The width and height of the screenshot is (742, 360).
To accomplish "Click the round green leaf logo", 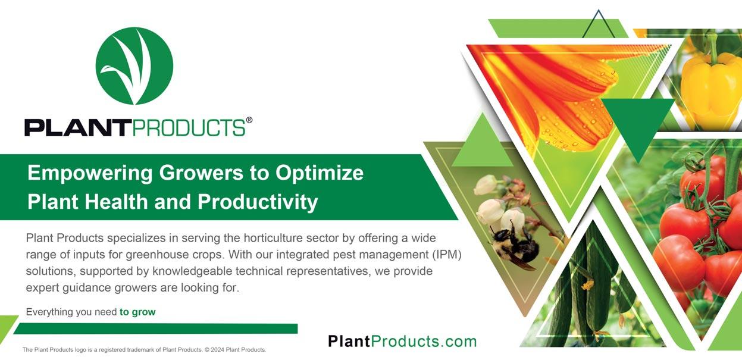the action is click(x=134, y=66).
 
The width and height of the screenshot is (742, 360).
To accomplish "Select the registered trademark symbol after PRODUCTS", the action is click(x=249, y=120).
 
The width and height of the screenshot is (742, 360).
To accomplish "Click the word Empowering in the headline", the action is click(x=90, y=173).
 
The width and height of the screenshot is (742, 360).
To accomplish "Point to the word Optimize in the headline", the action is click(x=320, y=173).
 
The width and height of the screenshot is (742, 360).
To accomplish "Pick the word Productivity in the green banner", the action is click(x=258, y=202).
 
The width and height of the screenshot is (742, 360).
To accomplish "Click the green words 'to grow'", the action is click(x=137, y=312).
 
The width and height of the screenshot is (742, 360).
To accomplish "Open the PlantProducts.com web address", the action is click(x=402, y=341).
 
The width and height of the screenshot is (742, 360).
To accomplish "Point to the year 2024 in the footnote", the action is click(x=218, y=350).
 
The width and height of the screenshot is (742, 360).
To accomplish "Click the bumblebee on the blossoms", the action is click(x=514, y=246).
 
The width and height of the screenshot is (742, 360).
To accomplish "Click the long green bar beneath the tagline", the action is click(x=155, y=329).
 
